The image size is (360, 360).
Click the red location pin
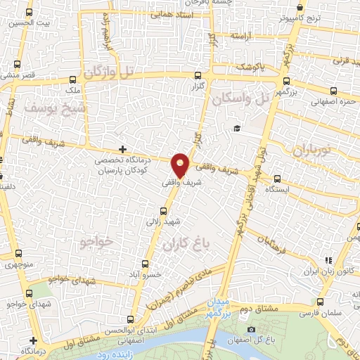click(x=181, y=165)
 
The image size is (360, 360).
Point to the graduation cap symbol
click(x=238, y=129)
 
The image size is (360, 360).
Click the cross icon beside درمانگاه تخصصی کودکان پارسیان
click(x=123, y=149)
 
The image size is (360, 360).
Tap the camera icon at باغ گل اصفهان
click(x=252, y=329)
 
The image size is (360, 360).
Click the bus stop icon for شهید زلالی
click(x=165, y=211)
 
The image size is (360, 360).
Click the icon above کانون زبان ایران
click(x=327, y=261)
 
